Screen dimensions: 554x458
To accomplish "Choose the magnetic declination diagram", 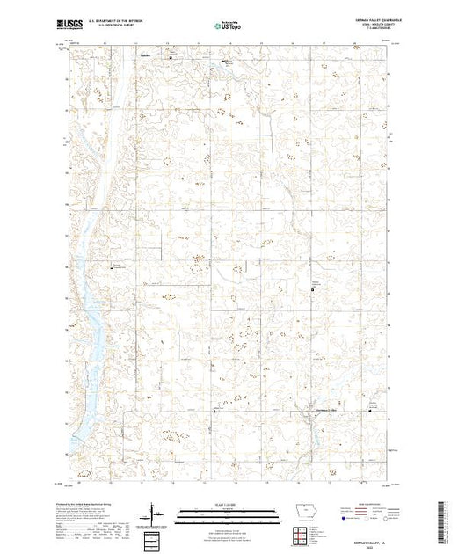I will coord(156,514).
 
